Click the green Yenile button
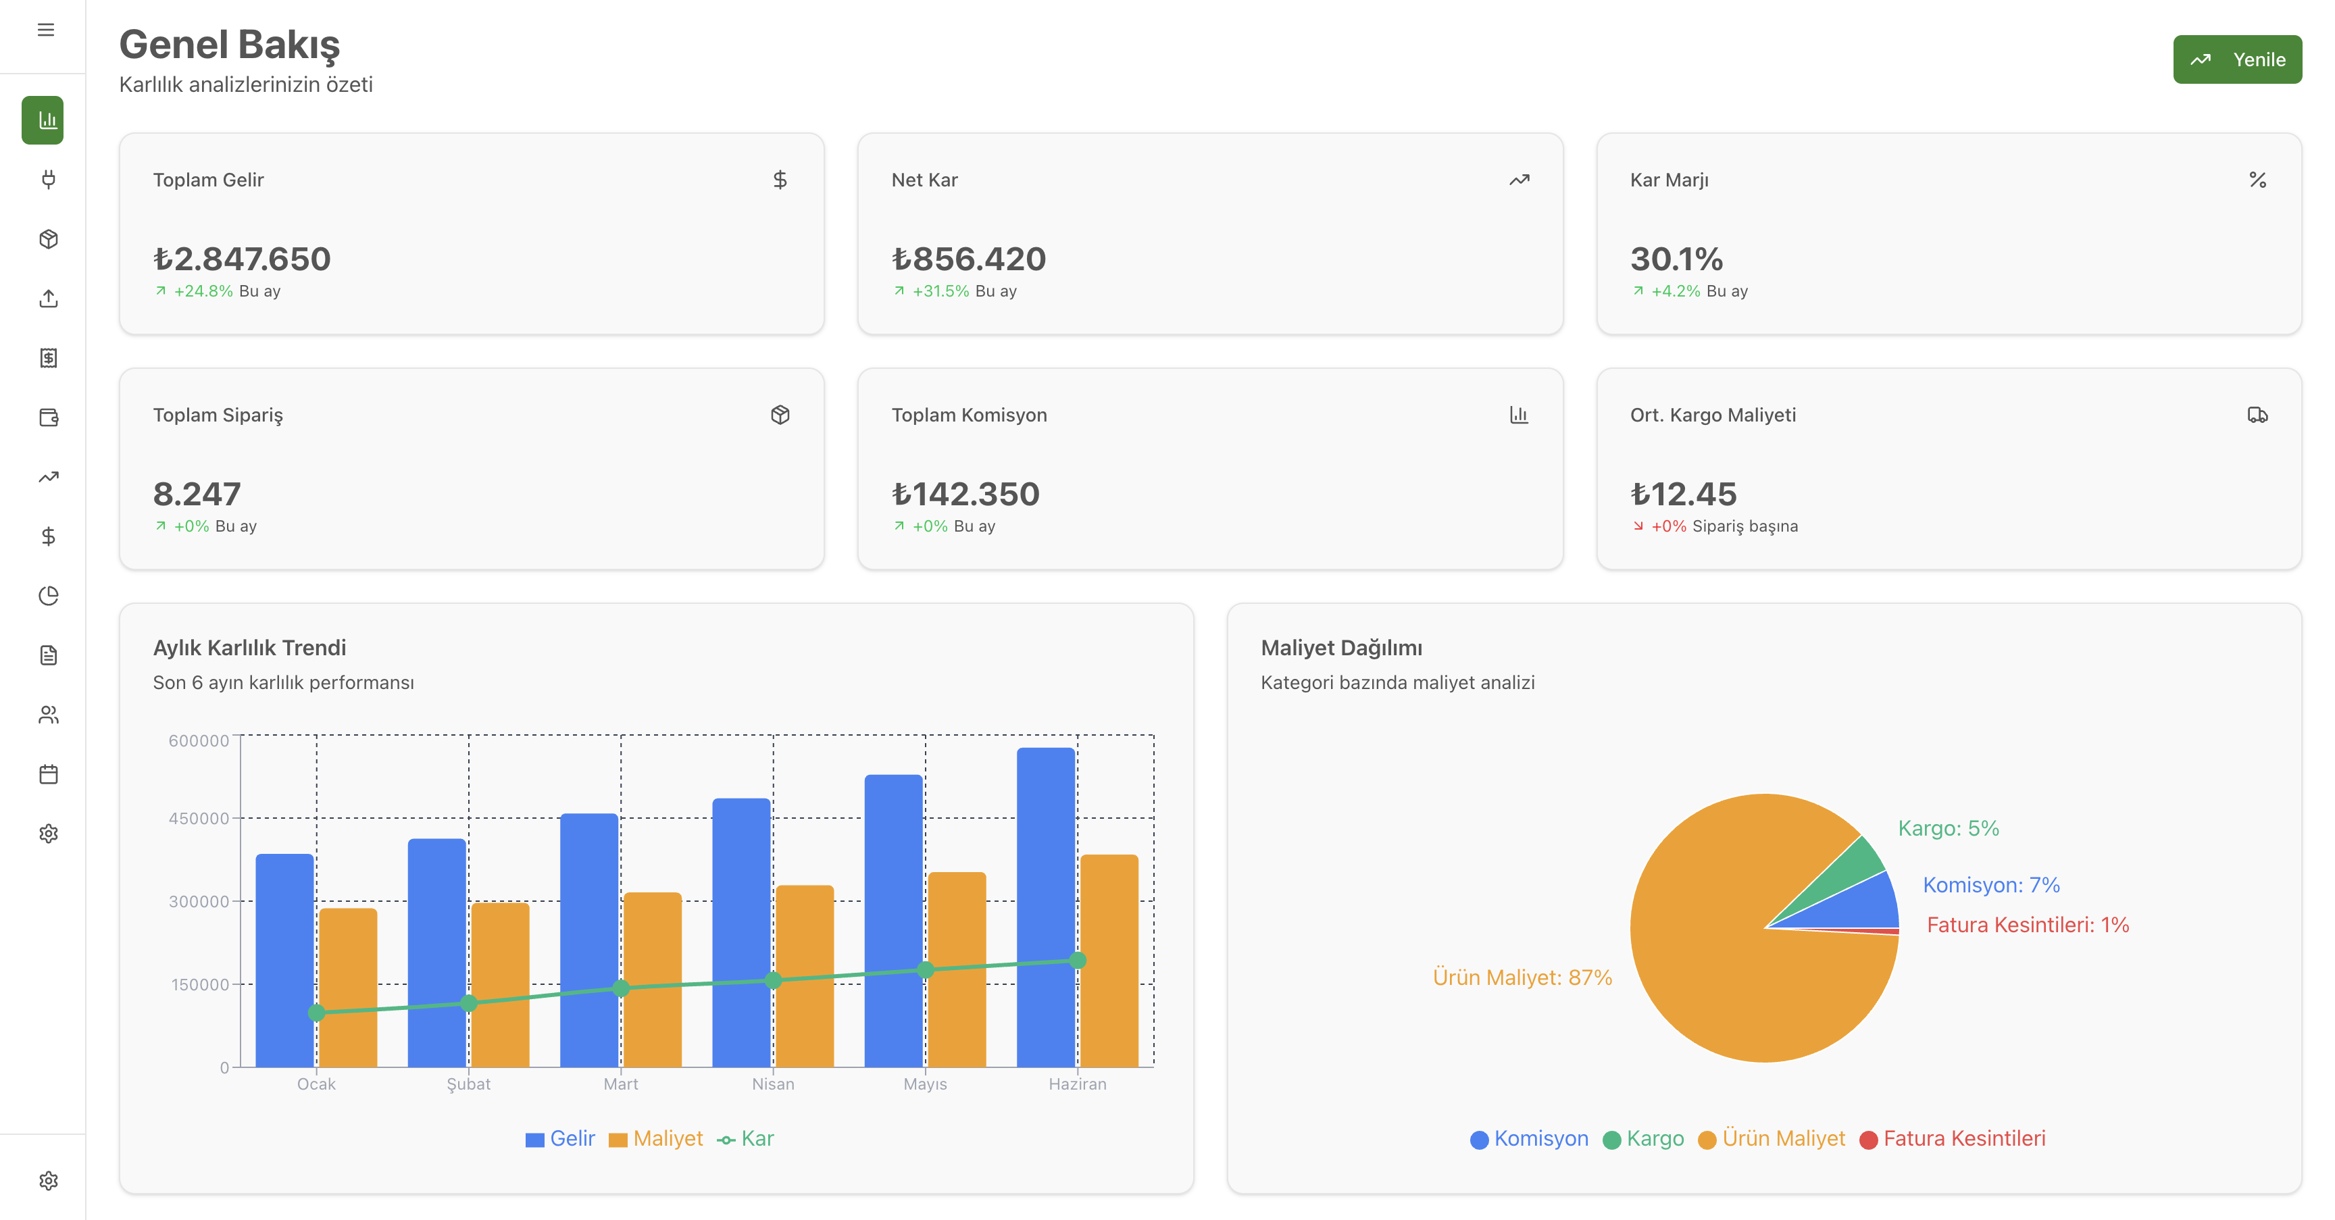[2236, 60]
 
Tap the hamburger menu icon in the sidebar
[45, 30]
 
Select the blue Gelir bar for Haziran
[1045, 907]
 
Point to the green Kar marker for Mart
[621, 988]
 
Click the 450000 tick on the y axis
[199, 819]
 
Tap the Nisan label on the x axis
[772, 1084]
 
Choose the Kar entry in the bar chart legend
[746, 1138]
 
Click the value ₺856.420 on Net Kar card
[968, 259]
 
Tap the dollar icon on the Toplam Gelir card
[780, 180]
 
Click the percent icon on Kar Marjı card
[2257, 180]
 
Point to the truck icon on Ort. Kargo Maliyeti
[2257, 415]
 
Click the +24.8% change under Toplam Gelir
[203, 291]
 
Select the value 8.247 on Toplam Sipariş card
[197, 494]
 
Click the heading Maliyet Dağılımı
[1340, 648]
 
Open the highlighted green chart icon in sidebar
[43, 120]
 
